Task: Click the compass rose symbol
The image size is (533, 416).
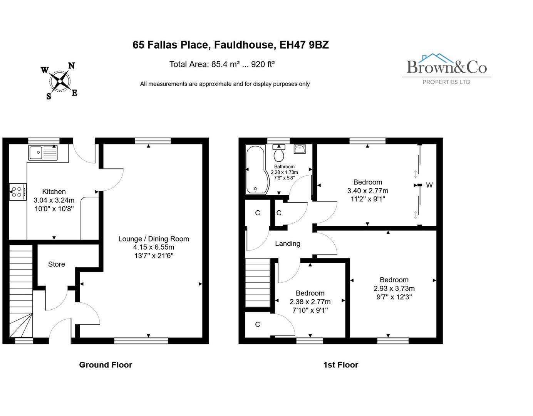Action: click(60, 81)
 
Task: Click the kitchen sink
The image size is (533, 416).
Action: click(43, 153)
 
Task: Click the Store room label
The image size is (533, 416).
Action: click(56, 264)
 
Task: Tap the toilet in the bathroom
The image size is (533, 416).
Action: click(279, 154)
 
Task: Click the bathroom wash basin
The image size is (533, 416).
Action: click(299, 149)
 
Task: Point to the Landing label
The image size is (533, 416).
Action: click(287, 243)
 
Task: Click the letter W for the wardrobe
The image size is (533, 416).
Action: click(429, 185)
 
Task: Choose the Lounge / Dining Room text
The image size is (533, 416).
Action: click(154, 239)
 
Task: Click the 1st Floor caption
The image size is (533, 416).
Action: click(340, 365)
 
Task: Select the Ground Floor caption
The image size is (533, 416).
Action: click(106, 365)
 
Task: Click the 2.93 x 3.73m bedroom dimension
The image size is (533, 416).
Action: click(394, 289)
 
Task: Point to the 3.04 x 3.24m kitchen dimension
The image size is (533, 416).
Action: click(54, 200)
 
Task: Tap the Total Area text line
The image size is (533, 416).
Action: click(222, 64)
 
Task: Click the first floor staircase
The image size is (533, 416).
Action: click(258, 283)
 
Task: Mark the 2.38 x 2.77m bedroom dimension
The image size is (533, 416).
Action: click(310, 302)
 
